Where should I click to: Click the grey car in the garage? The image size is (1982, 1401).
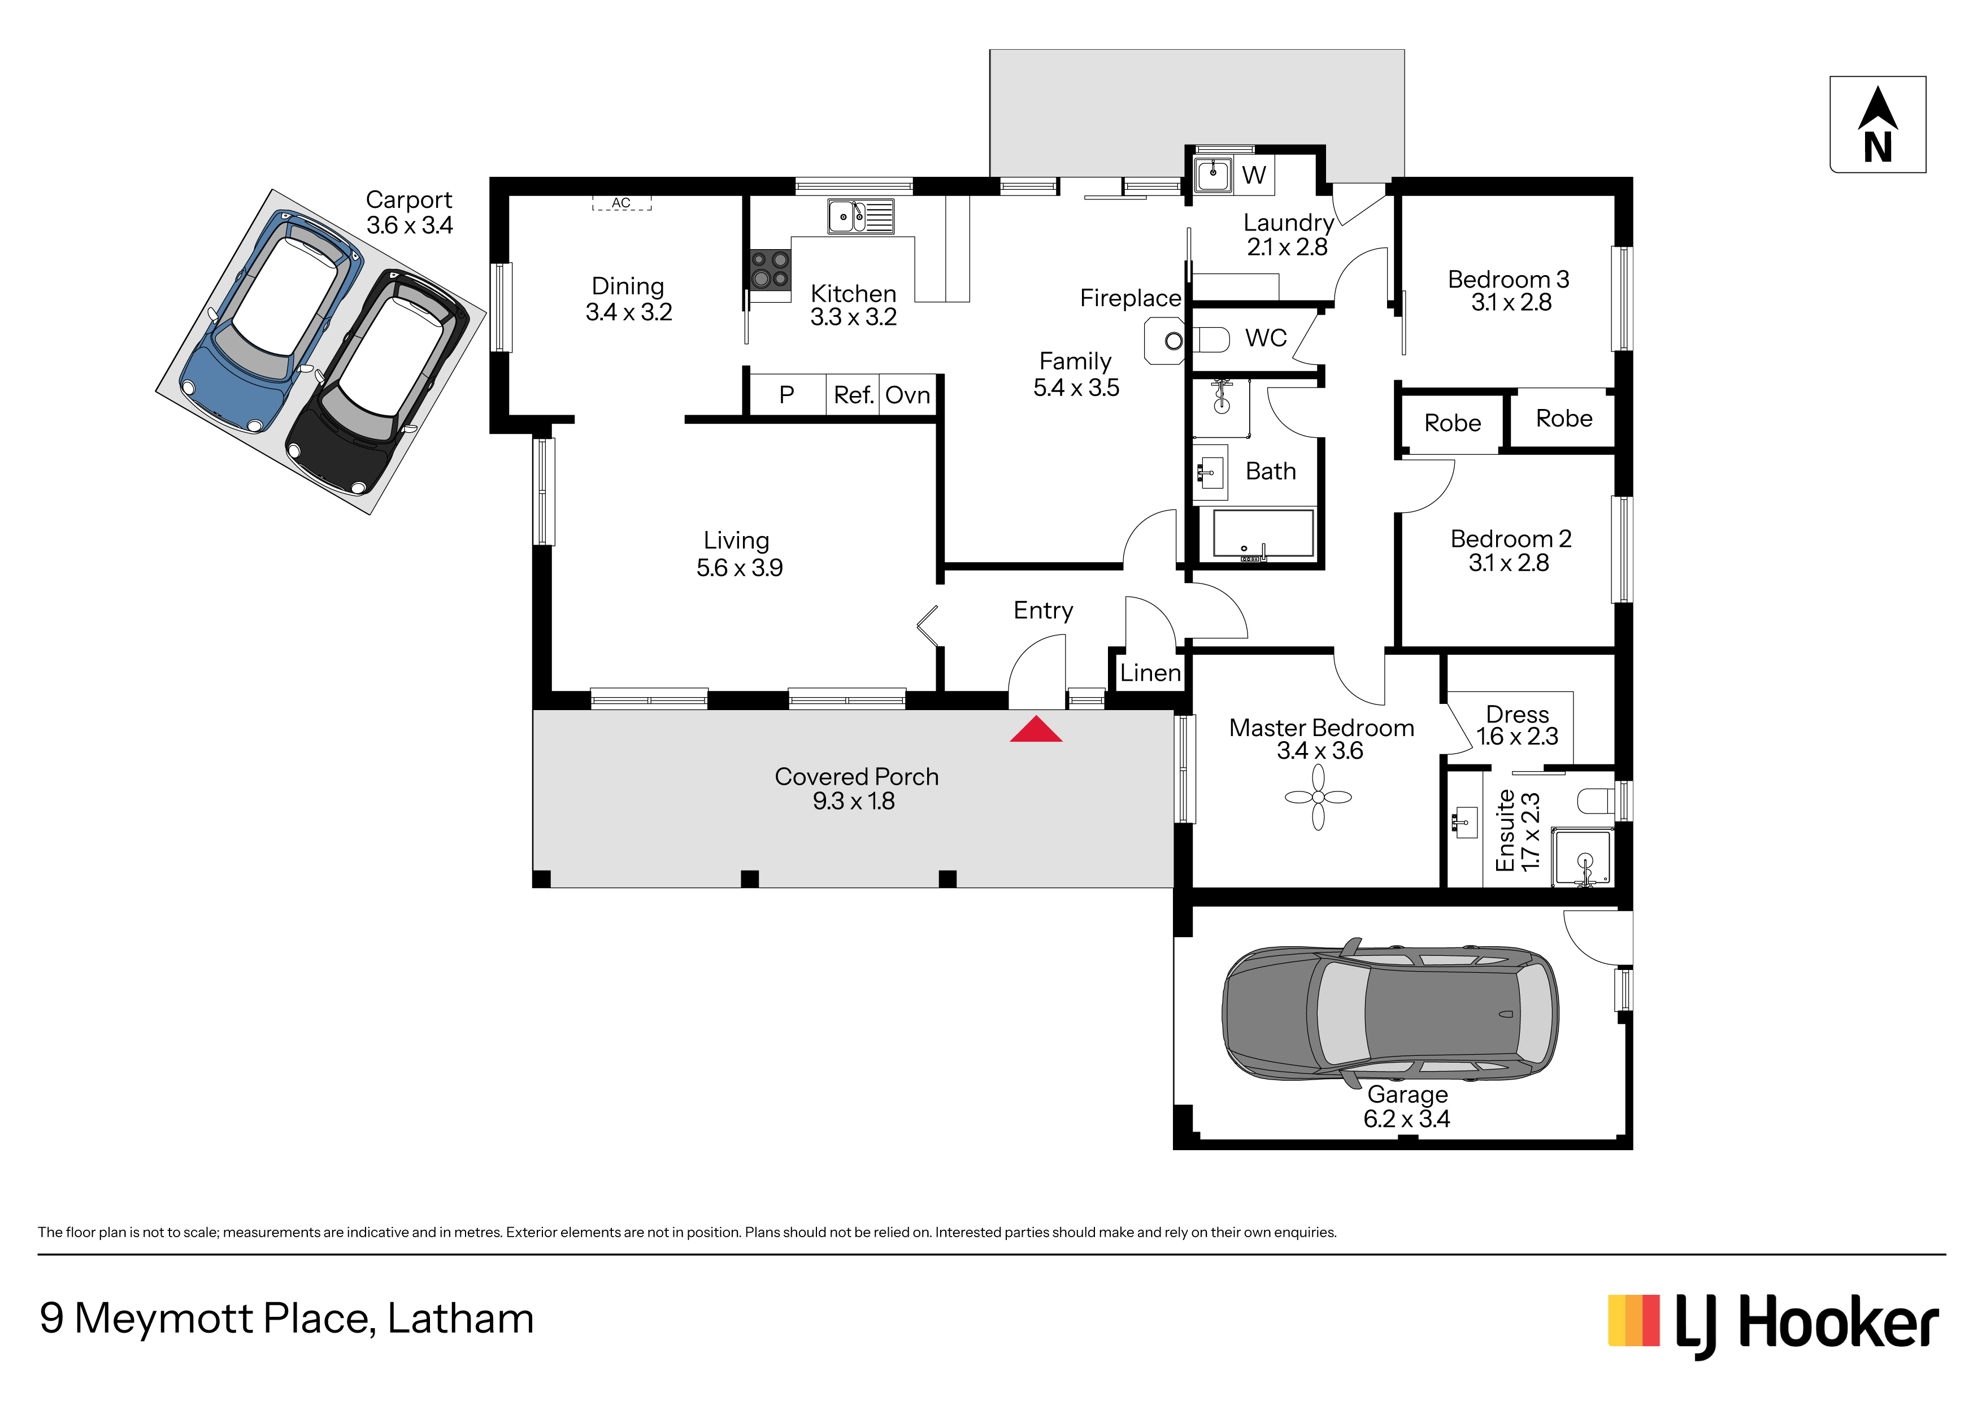point(1390,1012)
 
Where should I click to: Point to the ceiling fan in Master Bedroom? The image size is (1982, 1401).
point(1318,798)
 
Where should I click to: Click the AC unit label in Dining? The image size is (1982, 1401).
point(621,203)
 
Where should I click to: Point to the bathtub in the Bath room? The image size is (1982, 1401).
point(1263,533)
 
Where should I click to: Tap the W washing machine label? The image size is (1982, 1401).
point(1254,175)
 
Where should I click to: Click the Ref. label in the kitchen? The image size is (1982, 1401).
point(854,395)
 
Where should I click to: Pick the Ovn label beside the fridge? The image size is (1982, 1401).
point(908,395)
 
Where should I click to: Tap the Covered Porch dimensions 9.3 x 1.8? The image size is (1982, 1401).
point(854,801)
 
